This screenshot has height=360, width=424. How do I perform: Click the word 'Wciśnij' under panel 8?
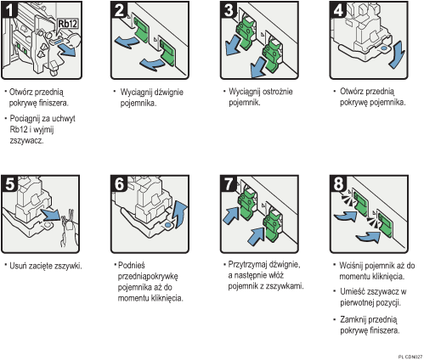[x=351, y=266]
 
